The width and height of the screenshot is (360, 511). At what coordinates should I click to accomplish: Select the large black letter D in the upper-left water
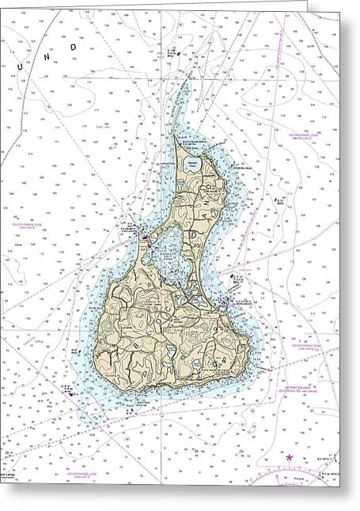[x=74, y=47]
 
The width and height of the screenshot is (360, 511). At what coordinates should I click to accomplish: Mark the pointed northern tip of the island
[x=176, y=136]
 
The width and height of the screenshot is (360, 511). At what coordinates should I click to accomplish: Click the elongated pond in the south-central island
[x=169, y=350]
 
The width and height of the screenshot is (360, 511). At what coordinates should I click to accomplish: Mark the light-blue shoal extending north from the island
[x=186, y=99]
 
